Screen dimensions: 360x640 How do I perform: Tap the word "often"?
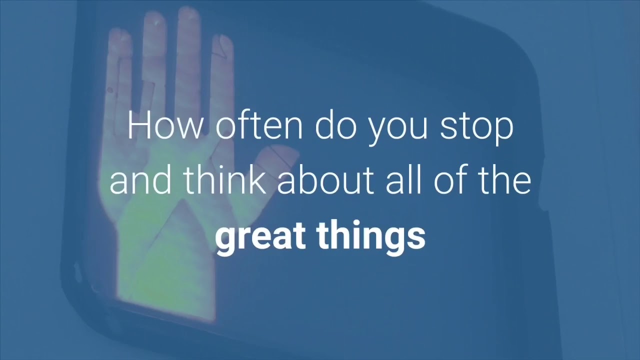click(x=258, y=126)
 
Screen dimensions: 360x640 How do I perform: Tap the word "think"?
click(x=223, y=180)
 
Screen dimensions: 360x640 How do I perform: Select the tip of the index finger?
click(x=222, y=42)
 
